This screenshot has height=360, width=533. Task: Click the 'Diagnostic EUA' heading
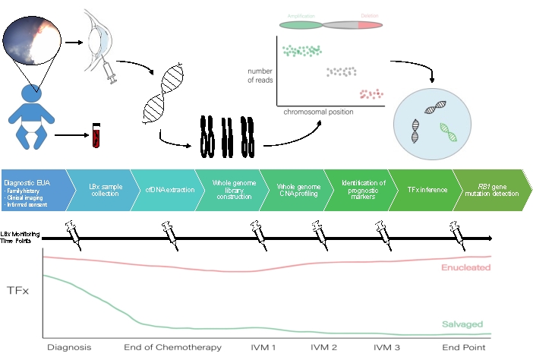[26, 183]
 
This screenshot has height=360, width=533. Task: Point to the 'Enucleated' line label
[465, 267]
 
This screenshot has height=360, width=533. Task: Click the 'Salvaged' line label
[462, 324]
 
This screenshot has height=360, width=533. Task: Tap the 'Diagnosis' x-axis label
[68, 347]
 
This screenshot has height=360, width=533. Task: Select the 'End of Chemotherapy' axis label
[173, 347]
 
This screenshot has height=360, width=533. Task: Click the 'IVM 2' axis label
[324, 347]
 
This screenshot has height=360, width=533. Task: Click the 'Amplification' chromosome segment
[301, 25]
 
